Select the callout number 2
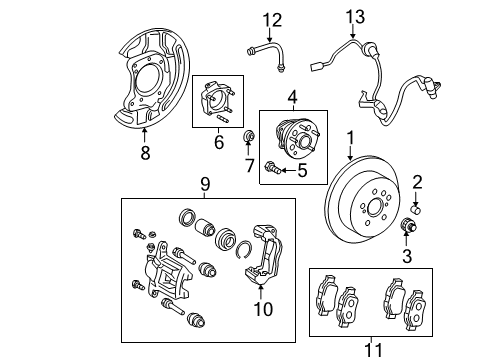coord(418,181)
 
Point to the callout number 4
coord(292,98)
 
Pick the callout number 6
coord(219,144)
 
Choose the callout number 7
coord(249,163)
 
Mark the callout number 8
coord(145,153)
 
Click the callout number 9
coord(205,184)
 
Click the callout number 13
coord(351,17)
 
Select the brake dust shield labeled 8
coord(150,80)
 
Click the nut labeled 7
coord(249,135)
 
